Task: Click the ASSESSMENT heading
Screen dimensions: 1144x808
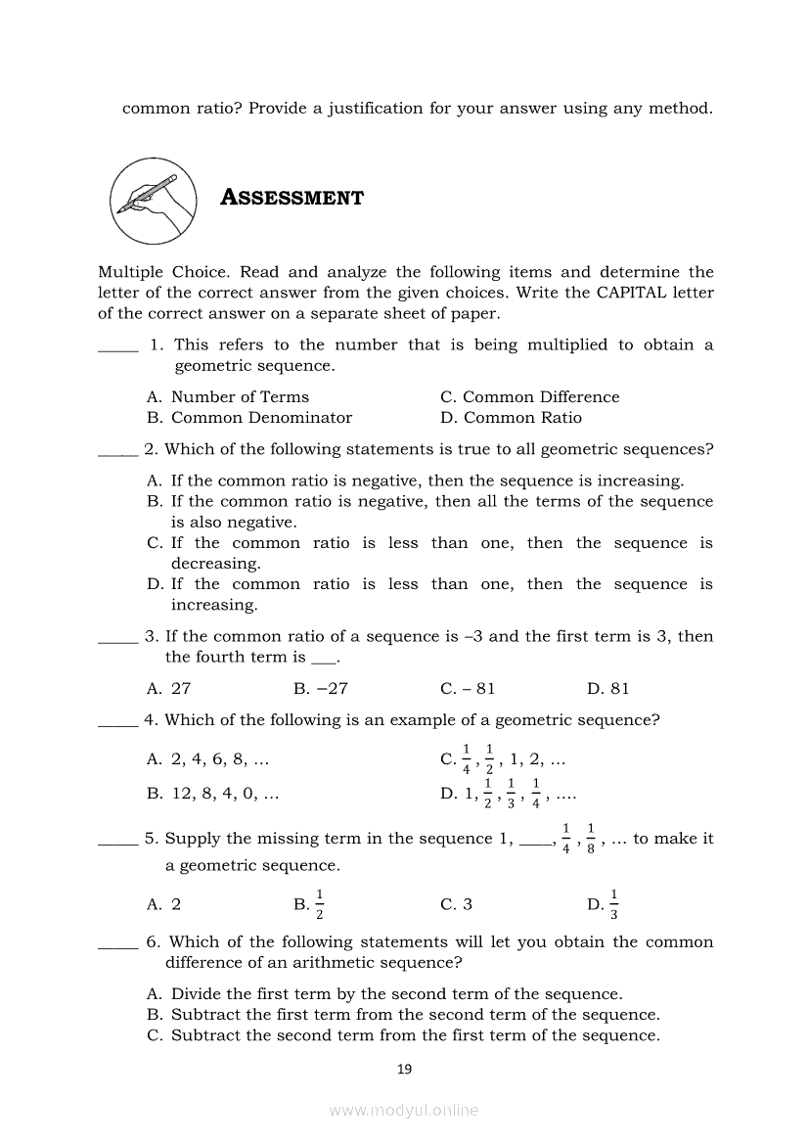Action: pos(292,198)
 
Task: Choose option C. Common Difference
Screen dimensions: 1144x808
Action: pos(529,397)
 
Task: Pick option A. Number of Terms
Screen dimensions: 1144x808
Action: pos(227,397)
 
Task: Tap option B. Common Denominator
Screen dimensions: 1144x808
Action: pos(248,418)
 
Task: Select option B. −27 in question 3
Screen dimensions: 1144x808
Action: pos(320,689)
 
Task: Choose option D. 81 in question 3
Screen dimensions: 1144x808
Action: pos(607,689)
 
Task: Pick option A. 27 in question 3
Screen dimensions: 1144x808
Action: pos(168,689)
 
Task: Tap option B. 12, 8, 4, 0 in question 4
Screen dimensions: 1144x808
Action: pos(212,794)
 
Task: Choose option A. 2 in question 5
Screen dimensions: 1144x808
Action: pos(163,905)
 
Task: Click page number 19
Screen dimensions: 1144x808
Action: pos(404,1070)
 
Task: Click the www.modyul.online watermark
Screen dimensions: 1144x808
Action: pos(404,1111)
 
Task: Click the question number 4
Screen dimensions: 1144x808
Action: pos(151,720)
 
